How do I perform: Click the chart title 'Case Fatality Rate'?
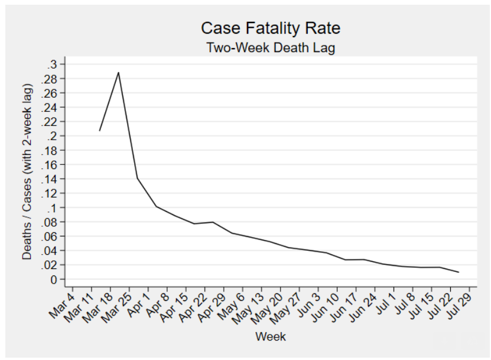[x=270, y=28]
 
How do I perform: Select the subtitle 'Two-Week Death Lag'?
[x=270, y=48]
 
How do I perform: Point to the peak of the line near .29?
[x=118, y=72]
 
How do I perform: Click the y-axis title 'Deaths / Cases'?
[x=27, y=171]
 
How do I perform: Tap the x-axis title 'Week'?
[x=270, y=337]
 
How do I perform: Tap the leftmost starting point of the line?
[x=99, y=131]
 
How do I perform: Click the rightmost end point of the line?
[x=459, y=273]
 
